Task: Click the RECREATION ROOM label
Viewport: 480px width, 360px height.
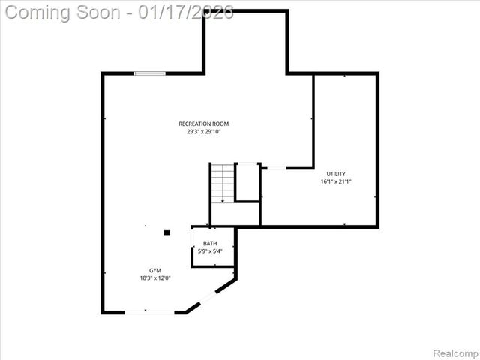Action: [203, 124]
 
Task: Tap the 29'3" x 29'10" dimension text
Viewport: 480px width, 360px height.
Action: [203, 132]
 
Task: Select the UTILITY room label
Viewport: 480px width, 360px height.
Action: [335, 174]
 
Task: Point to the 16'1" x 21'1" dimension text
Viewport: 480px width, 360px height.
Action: [335, 181]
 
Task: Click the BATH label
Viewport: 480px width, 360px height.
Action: [210, 243]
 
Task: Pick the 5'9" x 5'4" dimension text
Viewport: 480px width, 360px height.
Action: [210, 250]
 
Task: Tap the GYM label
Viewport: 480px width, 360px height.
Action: [154, 270]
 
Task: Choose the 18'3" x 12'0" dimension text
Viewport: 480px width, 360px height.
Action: [154, 278]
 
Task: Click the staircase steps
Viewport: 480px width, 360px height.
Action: [222, 181]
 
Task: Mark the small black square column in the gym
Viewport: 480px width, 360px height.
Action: [166, 232]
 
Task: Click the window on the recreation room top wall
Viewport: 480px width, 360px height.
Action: [149, 73]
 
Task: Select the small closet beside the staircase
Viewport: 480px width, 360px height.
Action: [247, 181]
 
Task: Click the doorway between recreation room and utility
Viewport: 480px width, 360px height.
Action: [275, 168]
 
